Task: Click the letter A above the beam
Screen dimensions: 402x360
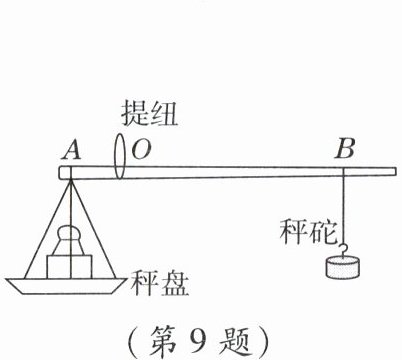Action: tap(71, 150)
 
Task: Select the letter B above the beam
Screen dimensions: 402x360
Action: tap(345, 150)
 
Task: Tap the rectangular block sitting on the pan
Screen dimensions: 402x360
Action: tap(69, 263)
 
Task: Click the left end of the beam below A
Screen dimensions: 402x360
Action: tap(65, 173)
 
